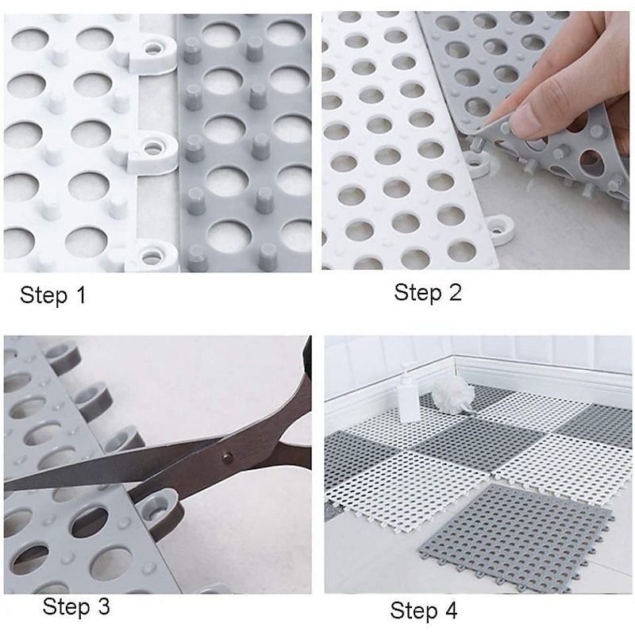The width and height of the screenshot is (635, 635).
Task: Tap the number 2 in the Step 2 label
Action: coord(455,292)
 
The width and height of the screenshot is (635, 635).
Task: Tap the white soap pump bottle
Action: coord(409,395)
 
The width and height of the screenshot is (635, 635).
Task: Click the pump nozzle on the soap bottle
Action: coord(406,368)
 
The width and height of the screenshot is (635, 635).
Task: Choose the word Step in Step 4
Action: coord(414,611)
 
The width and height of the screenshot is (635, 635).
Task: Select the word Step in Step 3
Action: coord(67,608)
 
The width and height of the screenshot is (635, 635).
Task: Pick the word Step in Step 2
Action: coord(418,292)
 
